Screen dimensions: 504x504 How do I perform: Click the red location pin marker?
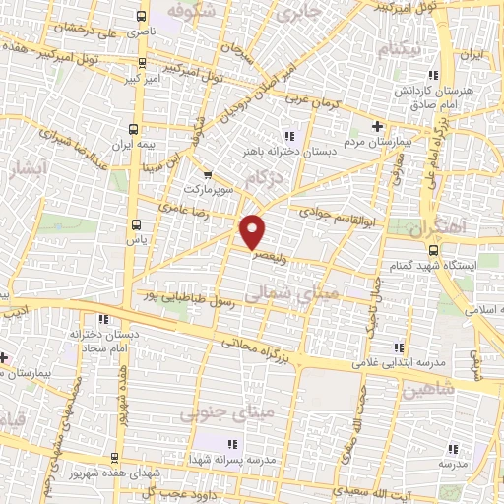click(x=254, y=230)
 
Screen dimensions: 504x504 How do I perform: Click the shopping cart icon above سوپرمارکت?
click(x=204, y=172)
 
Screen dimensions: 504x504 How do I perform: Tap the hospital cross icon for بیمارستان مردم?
click(x=378, y=127)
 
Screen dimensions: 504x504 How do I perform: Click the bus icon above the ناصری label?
click(x=143, y=17)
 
